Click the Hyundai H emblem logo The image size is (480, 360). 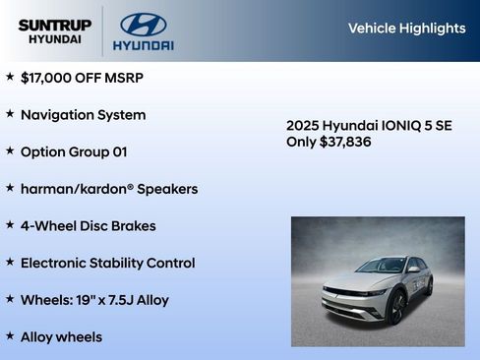[x=143, y=24]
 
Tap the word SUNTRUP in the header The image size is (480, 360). [x=54, y=25]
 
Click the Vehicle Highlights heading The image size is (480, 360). [x=406, y=29]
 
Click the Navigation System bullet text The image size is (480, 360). [x=83, y=114]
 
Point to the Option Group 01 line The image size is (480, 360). [x=74, y=151]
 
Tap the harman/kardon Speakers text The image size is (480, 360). [x=109, y=189]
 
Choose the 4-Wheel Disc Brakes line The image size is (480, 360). [x=88, y=225]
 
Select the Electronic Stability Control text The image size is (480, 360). [x=107, y=263]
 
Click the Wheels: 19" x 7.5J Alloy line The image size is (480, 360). [x=94, y=300]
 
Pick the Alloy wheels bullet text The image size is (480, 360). [x=61, y=337]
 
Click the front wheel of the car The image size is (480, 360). [x=397, y=308]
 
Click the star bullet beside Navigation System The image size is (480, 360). [x=10, y=113]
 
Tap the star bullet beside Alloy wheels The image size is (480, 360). [x=10, y=336]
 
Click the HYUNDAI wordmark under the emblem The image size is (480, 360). [x=143, y=45]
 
